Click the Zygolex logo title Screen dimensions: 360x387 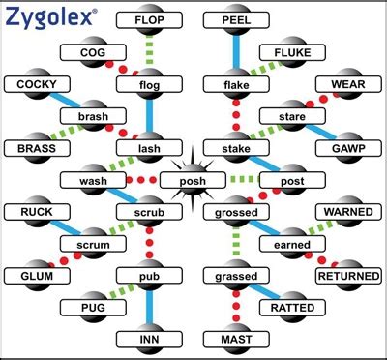[x=49, y=16]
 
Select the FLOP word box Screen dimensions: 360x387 [x=149, y=19]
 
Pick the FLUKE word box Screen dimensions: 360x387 [x=293, y=52]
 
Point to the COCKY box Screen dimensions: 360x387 [x=37, y=85]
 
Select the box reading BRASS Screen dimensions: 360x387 [x=37, y=148]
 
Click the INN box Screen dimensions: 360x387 [x=149, y=340]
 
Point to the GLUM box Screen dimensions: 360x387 [x=37, y=275]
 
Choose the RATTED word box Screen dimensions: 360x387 [x=293, y=308]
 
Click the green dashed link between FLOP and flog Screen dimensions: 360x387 [x=149, y=52]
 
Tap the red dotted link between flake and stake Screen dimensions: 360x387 [x=235, y=117]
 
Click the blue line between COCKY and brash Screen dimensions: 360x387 [x=70, y=102]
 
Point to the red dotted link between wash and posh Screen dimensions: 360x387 [x=138, y=180]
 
